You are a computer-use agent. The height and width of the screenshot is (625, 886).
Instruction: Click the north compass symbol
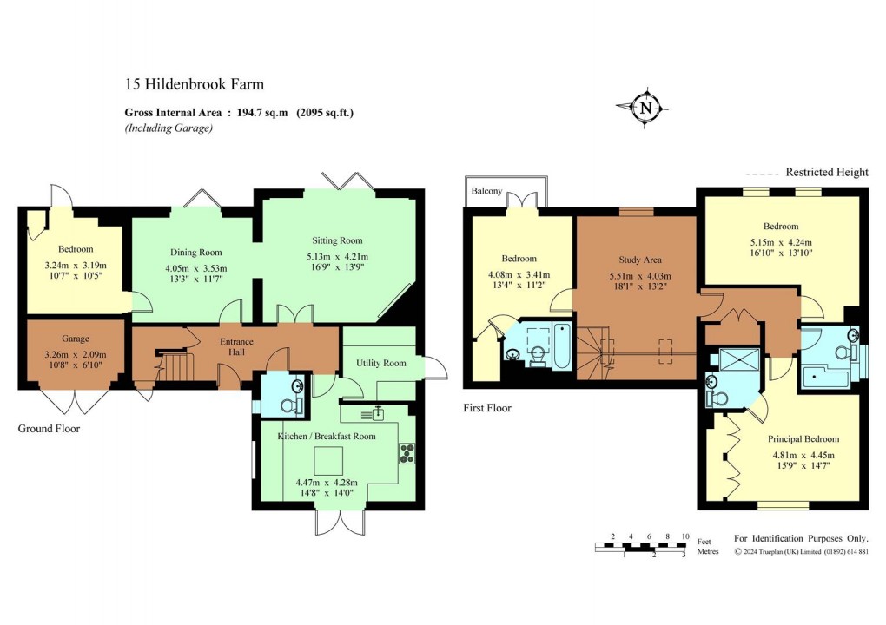point(645,108)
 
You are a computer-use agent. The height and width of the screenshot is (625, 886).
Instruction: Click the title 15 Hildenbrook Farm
point(194,84)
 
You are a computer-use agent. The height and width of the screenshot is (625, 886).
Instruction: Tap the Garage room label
point(76,339)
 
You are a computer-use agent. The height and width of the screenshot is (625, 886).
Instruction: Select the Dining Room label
point(195,253)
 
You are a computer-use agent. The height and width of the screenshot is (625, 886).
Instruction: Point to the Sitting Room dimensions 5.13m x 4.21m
point(337,257)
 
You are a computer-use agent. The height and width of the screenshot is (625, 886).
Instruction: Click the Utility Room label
point(381,363)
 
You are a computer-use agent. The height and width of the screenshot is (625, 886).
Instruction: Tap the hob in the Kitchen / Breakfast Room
point(406,453)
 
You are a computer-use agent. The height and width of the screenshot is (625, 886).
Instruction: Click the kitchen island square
point(328,458)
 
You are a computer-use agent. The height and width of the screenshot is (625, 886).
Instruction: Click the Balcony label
point(487,191)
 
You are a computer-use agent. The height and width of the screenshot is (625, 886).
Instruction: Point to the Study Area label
point(640,259)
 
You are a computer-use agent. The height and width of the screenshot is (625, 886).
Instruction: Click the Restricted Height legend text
point(826,172)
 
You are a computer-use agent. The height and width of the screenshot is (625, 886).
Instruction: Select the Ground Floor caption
point(49,429)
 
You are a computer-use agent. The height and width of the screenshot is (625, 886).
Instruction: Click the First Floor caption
point(487,407)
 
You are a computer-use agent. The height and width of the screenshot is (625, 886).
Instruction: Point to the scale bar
point(640,547)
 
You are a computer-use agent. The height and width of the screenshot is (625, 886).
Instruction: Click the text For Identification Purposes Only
point(800,538)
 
